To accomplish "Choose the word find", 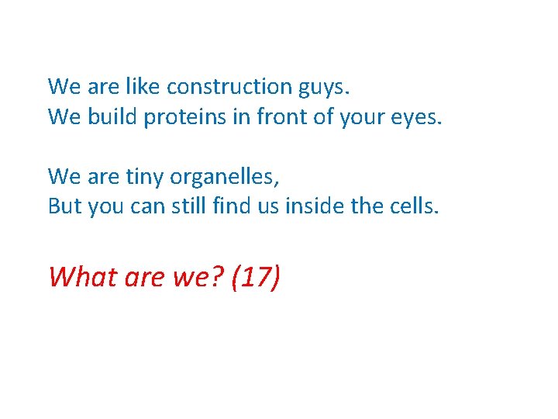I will click(232, 207).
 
